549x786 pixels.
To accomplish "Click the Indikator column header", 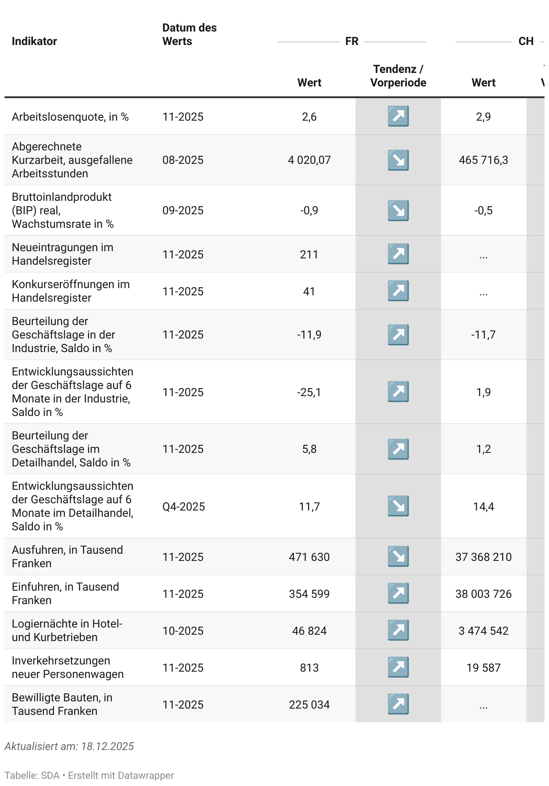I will click(x=34, y=41).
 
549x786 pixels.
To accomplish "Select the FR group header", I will click(x=351, y=41).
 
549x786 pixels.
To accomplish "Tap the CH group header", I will click(x=526, y=41).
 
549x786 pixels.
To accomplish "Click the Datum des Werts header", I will click(x=189, y=35).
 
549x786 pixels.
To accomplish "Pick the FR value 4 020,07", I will click(x=309, y=160).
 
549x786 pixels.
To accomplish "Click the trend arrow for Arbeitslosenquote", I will click(x=398, y=116).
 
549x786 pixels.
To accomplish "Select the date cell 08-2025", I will click(x=183, y=160).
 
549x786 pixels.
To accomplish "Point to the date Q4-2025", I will click(x=184, y=507).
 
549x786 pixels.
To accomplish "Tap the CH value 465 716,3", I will click(x=483, y=160).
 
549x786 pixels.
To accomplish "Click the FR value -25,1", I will click(x=309, y=393).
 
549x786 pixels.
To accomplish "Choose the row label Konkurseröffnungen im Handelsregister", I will click(x=71, y=291).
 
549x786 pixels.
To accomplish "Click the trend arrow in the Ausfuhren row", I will click(x=398, y=556).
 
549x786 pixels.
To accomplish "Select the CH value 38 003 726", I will click(x=483, y=594).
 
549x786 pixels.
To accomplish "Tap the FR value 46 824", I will click(x=309, y=631).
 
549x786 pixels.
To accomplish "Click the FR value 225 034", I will click(x=309, y=705).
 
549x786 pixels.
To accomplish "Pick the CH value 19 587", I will click(x=483, y=668).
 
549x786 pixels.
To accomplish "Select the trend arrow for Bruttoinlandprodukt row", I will click(x=398, y=211).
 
